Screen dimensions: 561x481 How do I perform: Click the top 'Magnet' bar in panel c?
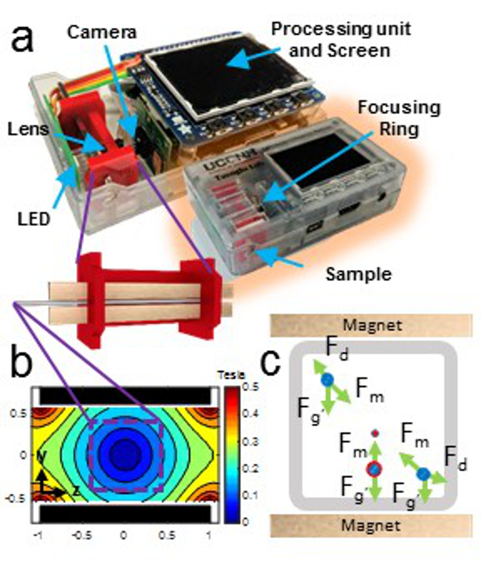(369, 326)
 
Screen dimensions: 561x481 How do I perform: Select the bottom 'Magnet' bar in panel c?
(369, 525)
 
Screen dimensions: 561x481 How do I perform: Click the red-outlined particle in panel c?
(374, 468)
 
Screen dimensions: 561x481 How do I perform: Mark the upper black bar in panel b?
(125, 395)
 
